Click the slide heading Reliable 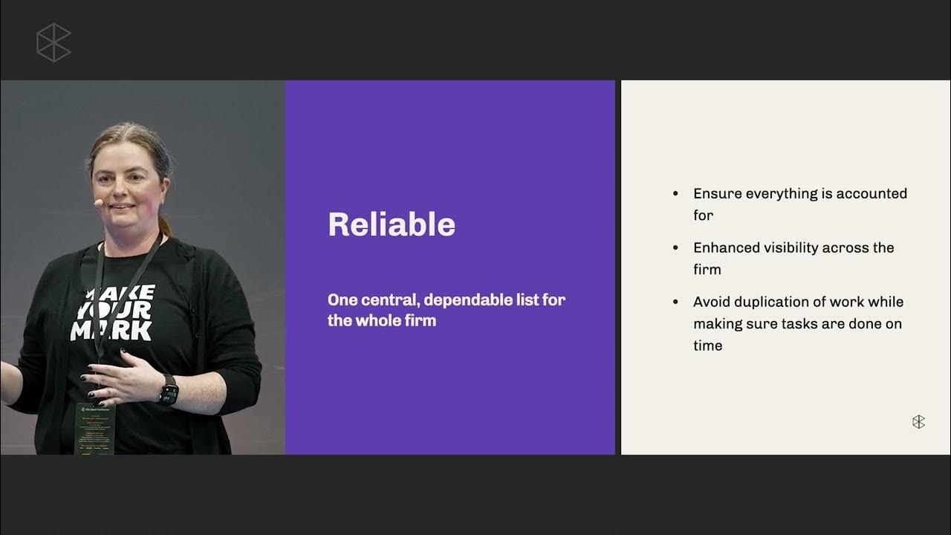pos(392,224)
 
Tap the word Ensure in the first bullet pos(717,194)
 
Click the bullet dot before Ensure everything pos(675,194)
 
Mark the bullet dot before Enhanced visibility pos(675,248)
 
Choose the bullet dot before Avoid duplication pos(675,302)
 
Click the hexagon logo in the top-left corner pos(53,42)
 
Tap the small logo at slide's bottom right pos(918,422)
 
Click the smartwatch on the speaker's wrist pos(169,389)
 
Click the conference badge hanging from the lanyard pos(94,427)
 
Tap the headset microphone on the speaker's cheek pos(98,201)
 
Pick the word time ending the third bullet pos(707,346)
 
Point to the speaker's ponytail pos(164,223)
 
